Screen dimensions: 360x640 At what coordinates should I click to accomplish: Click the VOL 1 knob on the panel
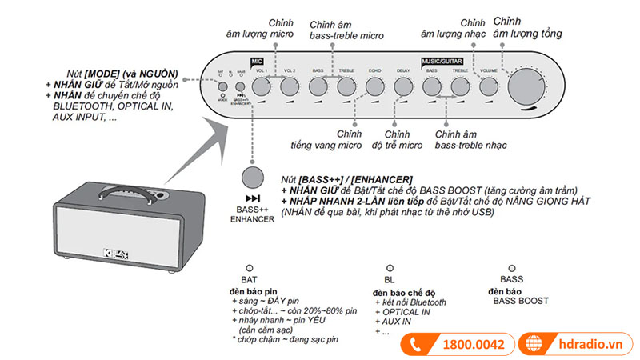pos(262,86)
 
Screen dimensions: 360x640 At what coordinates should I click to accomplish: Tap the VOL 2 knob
pos(289,86)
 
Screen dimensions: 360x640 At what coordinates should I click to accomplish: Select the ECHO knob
pos(374,86)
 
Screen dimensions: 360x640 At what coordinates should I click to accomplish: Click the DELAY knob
pos(402,86)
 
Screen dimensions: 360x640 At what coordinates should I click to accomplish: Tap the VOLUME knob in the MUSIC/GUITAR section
pos(489,86)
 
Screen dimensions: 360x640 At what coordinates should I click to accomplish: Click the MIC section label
pos(257,60)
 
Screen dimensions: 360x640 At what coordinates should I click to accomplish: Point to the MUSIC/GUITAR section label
pos(442,60)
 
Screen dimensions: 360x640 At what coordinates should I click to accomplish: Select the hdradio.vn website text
pos(589,345)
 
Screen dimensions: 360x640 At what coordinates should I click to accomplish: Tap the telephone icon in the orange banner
pos(416,345)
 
